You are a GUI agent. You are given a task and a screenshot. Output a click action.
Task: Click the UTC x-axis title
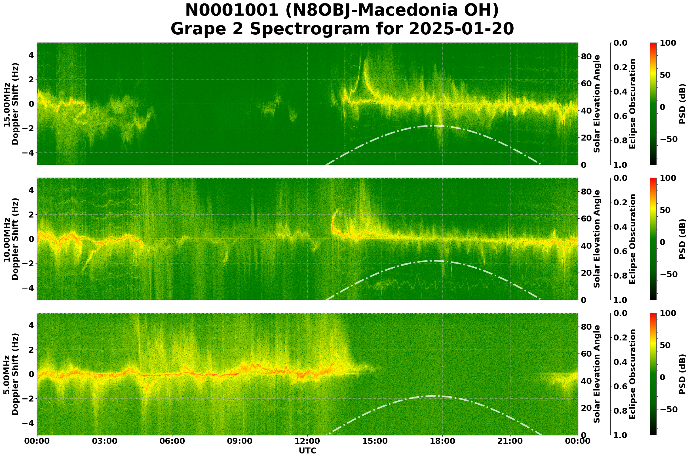pos(307,451)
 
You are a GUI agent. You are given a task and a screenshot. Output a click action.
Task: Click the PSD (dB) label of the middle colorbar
pos(682,239)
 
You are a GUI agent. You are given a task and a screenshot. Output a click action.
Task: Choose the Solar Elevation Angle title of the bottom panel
pos(597,374)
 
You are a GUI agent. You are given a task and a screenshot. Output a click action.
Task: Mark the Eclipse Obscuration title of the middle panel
pos(632,239)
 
